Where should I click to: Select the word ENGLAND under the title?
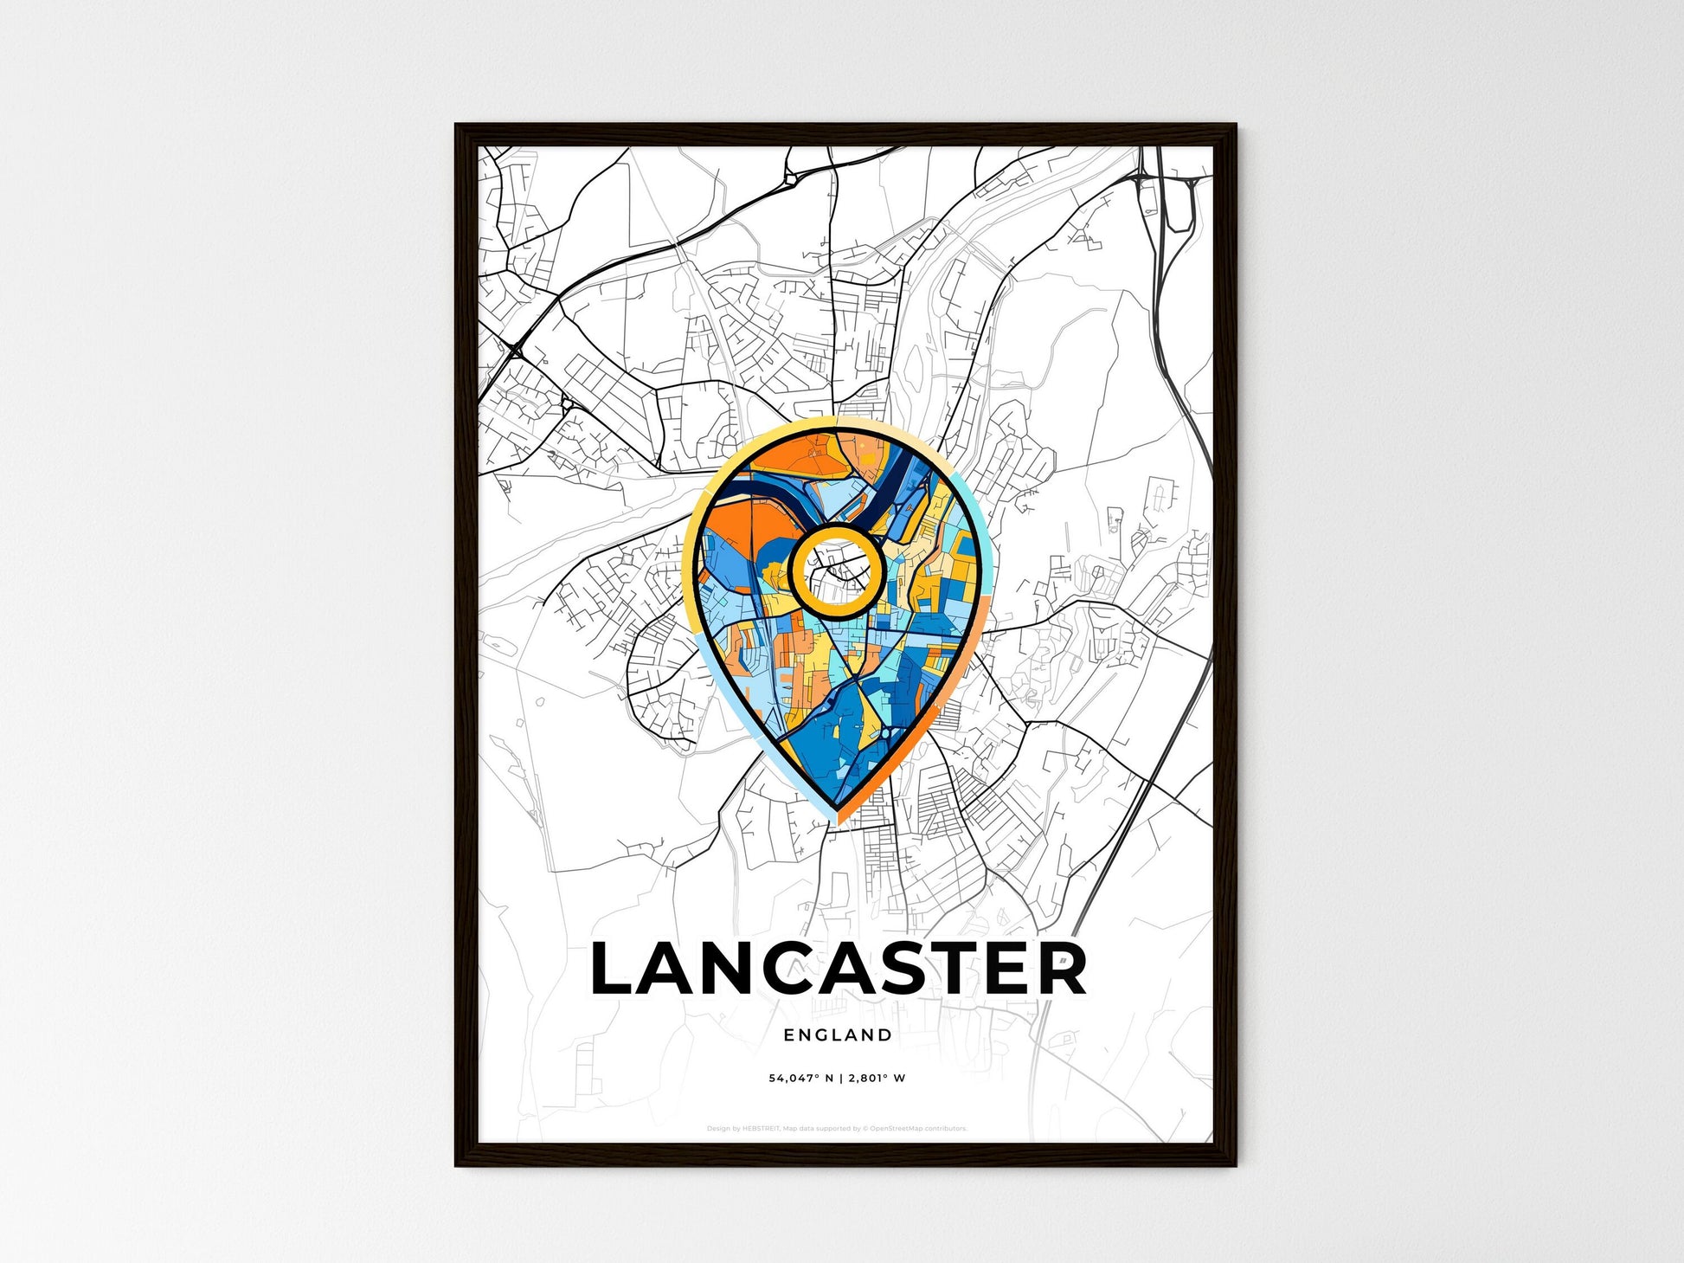[838, 1034]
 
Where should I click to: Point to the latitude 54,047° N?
[801, 1079]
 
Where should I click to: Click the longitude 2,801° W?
[877, 1079]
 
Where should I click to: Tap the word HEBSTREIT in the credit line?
[762, 1129]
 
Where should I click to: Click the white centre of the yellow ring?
[836, 571]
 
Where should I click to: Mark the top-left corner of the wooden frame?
[457, 126]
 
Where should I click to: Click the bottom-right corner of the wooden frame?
[1234, 1164]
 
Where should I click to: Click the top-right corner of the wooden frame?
[1234, 126]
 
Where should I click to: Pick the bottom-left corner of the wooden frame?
[457, 1164]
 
